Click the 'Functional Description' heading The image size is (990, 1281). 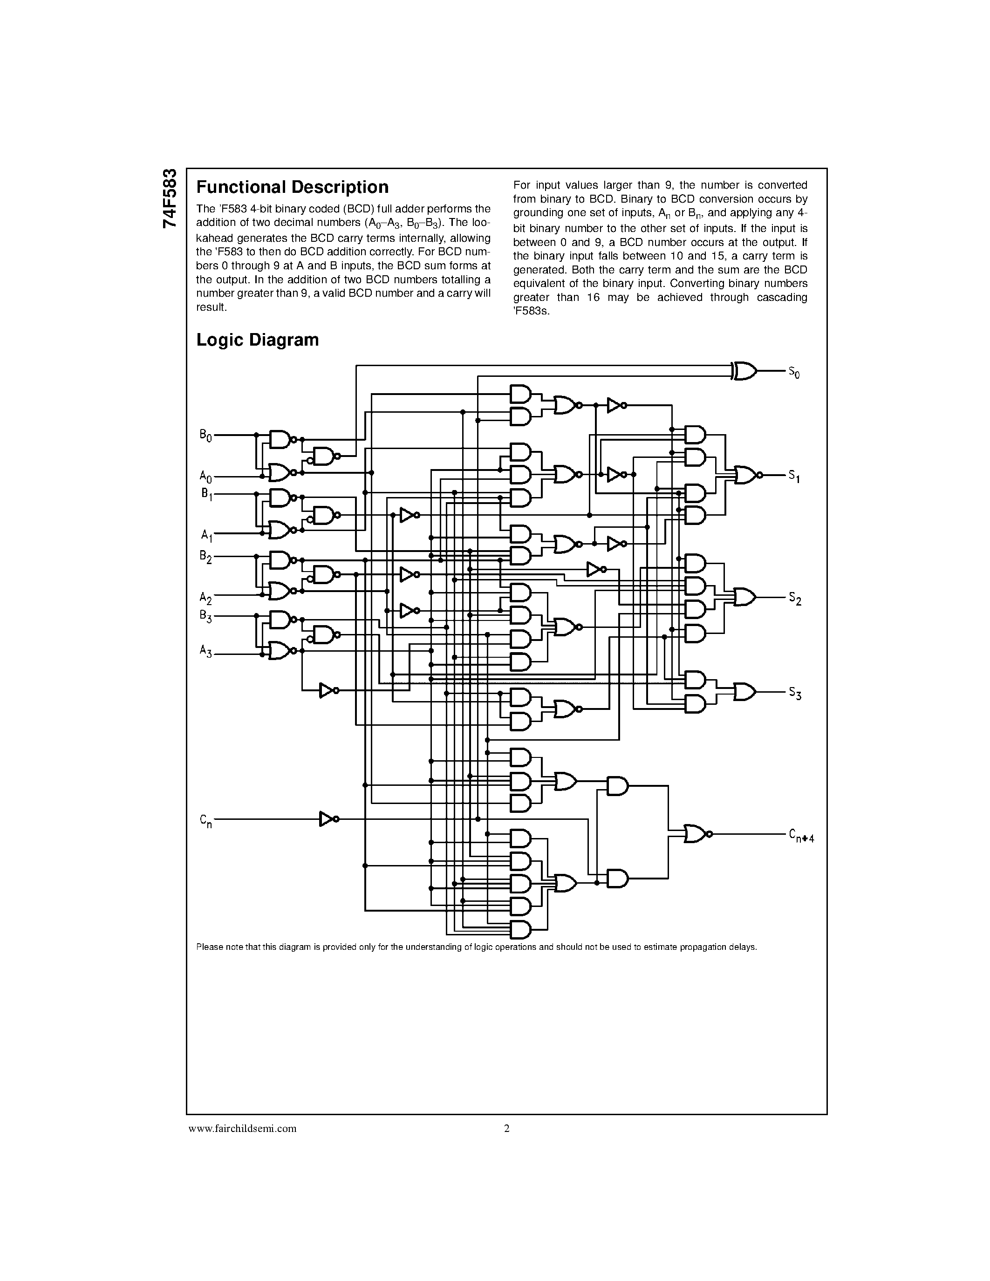tap(292, 187)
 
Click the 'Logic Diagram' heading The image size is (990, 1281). tap(258, 340)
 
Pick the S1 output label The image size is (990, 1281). tap(793, 476)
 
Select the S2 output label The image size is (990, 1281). tap(793, 599)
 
